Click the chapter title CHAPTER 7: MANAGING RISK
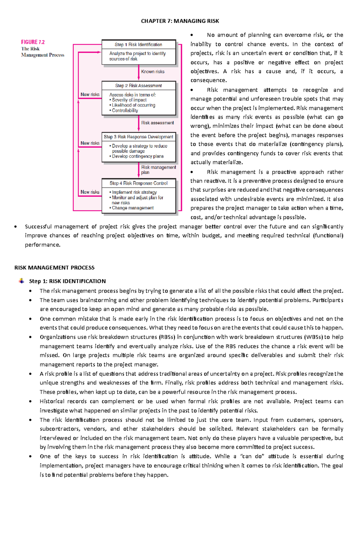pos(180,21)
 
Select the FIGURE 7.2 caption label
pos(33,42)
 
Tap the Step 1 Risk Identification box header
pos(138,45)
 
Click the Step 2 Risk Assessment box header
pos(138,86)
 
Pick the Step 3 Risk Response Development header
pos(138,137)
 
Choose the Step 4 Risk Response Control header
pos(138,183)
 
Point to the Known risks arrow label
pos(153,72)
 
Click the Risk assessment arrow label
pos(157,123)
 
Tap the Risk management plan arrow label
pos(158,170)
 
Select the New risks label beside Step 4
pos(90,192)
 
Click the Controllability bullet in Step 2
pos(125,111)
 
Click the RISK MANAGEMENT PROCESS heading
pos(54,268)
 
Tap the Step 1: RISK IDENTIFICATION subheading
pos(67,281)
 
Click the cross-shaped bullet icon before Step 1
pos(21,281)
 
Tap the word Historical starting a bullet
pos(52,401)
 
